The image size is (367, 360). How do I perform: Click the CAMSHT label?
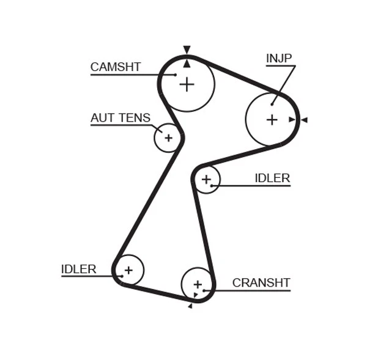click(x=116, y=67)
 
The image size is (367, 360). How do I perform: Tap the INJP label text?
click(x=279, y=59)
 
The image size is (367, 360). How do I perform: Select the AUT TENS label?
click(x=120, y=118)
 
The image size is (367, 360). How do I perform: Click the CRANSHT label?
click(x=261, y=283)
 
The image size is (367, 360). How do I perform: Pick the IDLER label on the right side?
click(x=272, y=178)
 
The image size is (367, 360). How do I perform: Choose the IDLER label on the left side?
click(x=78, y=269)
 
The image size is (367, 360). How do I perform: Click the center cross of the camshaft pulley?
click(x=187, y=84)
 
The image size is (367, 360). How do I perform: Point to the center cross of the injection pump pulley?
click(x=272, y=120)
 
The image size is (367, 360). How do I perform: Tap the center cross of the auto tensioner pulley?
click(x=168, y=138)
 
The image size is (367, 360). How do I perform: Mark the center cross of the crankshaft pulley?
click(x=197, y=284)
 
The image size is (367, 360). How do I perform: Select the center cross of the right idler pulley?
click(x=206, y=179)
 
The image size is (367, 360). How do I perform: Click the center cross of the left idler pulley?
click(x=128, y=270)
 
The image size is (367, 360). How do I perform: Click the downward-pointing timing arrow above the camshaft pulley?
click(x=187, y=50)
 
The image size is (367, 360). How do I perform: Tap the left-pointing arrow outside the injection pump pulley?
click(x=304, y=120)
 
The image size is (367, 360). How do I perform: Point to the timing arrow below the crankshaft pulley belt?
click(x=190, y=306)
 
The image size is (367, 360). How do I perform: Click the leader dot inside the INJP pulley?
click(x=272, y=104)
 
